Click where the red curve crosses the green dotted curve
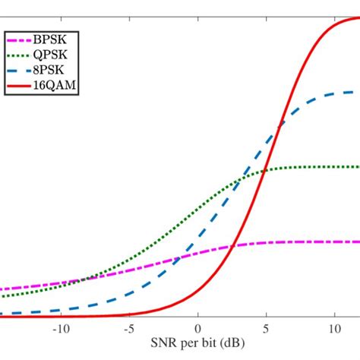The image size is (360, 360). [x=264, y=171]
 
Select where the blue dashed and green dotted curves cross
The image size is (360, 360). [x=239, y=178]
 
